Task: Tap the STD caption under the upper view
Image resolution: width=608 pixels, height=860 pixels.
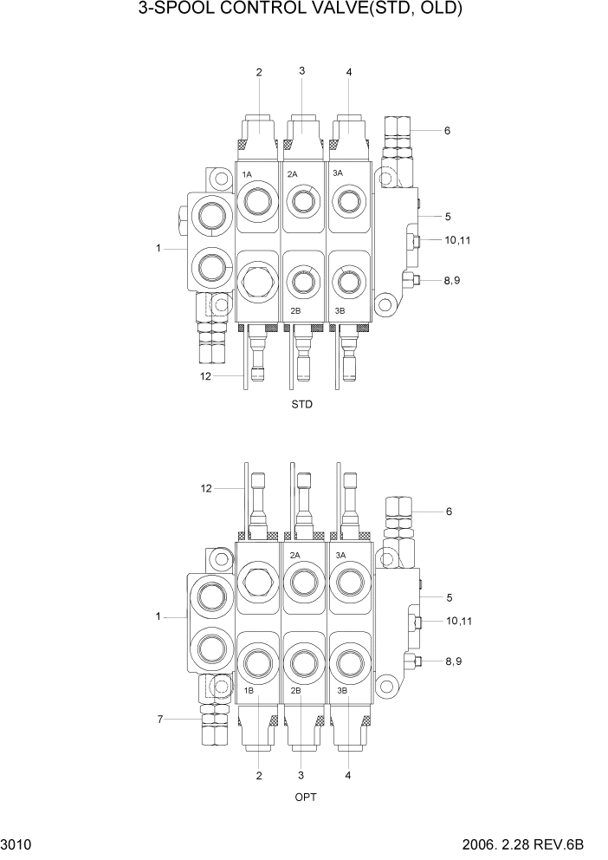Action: click(302, 405)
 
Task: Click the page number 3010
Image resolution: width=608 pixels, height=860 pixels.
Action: click(16, 844)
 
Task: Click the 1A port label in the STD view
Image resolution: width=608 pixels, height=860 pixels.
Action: click(247, 175)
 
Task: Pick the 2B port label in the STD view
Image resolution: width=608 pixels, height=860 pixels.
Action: click(294, 310)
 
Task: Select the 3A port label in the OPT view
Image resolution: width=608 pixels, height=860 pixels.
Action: click(340, 555)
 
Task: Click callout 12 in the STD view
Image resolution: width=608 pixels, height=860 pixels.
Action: click(206, 375)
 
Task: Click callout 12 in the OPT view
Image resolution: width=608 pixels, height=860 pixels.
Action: click(206, 489)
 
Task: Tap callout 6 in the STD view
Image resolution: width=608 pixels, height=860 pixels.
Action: click(447, 131)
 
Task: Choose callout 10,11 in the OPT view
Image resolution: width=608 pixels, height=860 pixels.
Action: click(458, 621)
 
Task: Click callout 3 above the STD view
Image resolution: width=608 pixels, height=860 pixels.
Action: click(301, 71)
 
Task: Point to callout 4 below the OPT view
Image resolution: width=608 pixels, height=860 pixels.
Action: click(348, 775)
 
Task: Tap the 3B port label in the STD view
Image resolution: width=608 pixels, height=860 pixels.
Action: click(340, 310)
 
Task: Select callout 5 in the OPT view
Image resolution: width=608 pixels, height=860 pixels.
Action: click(449, 597)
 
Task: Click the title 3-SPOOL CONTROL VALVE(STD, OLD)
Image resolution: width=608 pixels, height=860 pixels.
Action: click(302, 11)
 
